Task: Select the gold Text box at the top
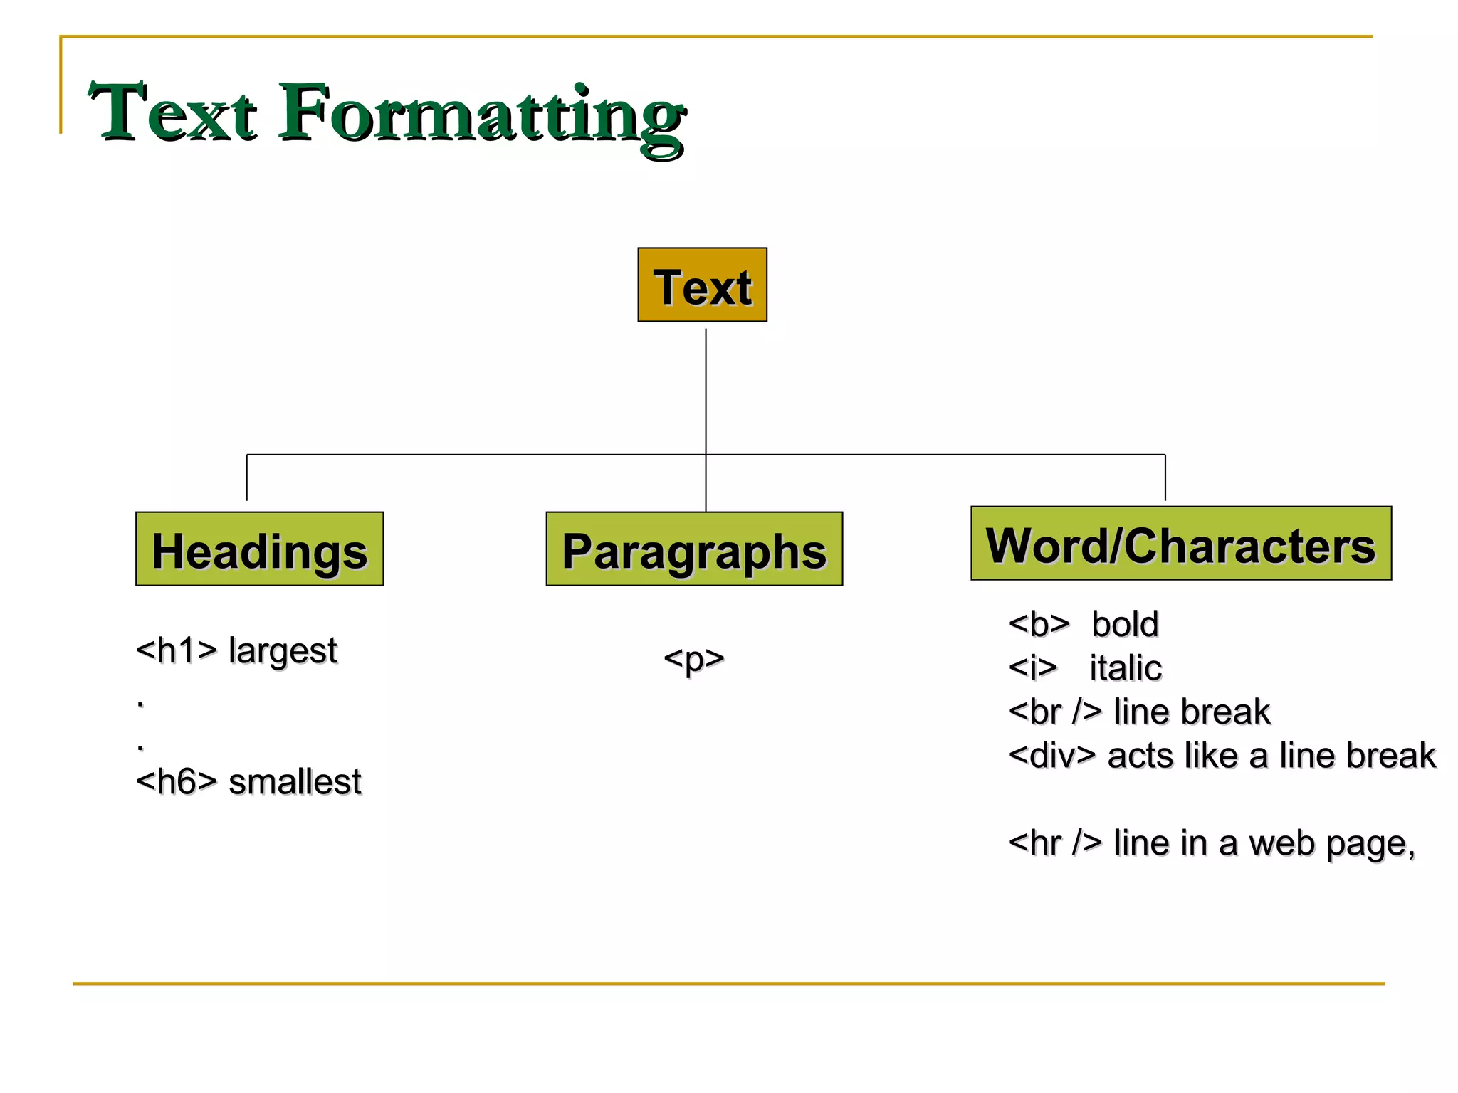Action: [x=702, y=285]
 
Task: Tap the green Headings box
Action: [x=259, y=549]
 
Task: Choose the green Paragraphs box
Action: [x=694, y=549]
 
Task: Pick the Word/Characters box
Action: [x=1180, y=544]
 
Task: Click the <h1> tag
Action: [x=176, y=651]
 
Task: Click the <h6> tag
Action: [x=176, y=782]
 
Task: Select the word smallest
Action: [x=295, y=782]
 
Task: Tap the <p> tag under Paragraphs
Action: [x=693, y=659]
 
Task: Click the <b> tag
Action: [x=1039, y=625]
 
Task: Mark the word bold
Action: [x=1125, y=625]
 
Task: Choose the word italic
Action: [x=1126, y=668]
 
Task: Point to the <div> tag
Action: [x=1051, y=756]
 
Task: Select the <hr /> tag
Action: [x=1055, y=843]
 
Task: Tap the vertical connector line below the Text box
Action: [x=706, y=391]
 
